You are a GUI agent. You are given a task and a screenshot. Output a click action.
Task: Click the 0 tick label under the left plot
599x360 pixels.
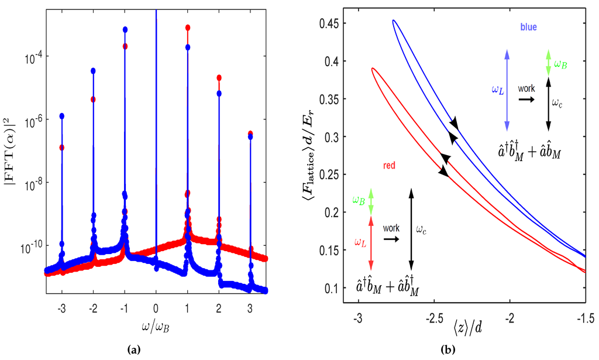pyautogui.click(x=156, y=307)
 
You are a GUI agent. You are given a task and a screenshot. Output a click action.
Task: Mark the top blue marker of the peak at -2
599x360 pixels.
pyautogui.click(x=93, y=71)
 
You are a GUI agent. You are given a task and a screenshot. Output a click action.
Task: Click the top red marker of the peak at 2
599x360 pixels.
pyautogui.click(x=219, y=77)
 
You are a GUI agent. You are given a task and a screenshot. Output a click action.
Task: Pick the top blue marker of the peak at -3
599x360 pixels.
pyautogui.click(x=61, y=116)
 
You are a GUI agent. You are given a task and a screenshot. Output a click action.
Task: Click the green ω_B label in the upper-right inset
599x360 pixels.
pyautogui.click(x=560, y=63)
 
